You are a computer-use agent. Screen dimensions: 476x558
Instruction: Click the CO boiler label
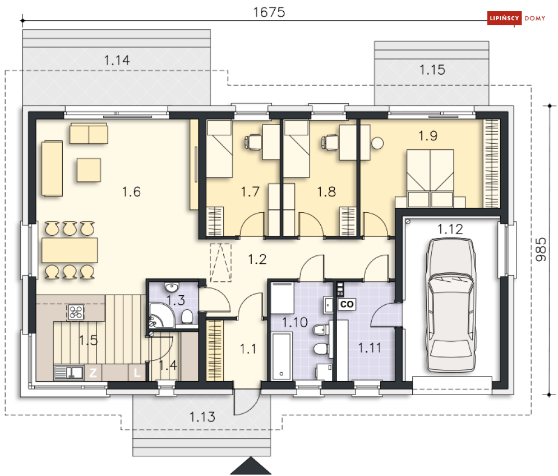coord(347,304)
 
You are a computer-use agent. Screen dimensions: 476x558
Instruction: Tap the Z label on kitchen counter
coord(94,372)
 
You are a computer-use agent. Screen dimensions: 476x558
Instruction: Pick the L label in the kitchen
coord(137,372)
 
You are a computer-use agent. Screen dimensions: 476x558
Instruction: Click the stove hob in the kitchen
coord(76,312)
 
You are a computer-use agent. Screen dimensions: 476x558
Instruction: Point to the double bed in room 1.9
coord(430,174)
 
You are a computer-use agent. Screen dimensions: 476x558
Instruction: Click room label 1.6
coord(131,192)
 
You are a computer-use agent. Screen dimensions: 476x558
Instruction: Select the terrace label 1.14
coord(117,61)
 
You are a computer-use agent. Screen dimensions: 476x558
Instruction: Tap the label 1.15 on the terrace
coord(432,70)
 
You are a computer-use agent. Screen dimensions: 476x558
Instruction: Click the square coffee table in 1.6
coord(89,170)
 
